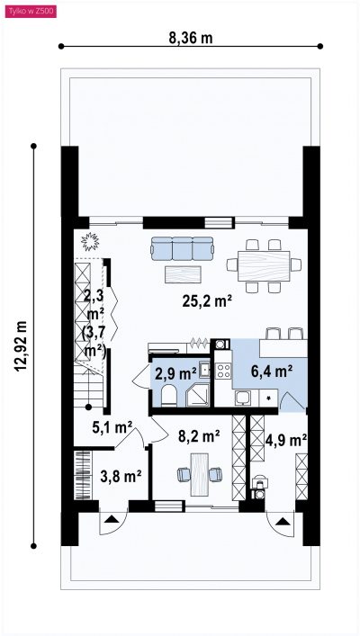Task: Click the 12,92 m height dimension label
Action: tap(21, 346)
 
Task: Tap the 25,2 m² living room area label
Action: tap(207, 301)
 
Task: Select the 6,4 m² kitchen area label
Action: tap(272, 371)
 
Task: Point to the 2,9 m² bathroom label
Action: tap(175, 373)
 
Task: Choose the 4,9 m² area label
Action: tap(286, 439)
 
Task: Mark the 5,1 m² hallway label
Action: tap(112, 427)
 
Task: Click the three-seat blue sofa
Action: tap(182, 248)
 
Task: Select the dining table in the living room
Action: tap(264, 266)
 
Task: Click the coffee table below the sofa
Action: tap(183, 274)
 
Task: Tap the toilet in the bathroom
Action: tap(168, 396)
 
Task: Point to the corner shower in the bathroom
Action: tap(198, 395)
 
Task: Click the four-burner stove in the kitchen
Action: tap(223, 371)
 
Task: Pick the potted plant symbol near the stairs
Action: tap(90, 242)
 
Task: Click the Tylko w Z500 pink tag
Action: tap(31, 13)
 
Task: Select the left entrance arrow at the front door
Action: tap(111, 519)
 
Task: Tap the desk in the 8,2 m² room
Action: tap(199, 474)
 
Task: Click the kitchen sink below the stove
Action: tap(242, 398)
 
